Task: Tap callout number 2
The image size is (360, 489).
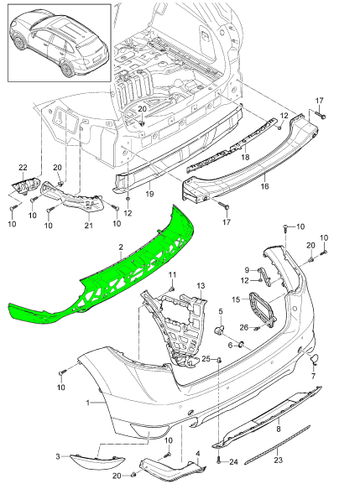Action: click(x=121, y=248)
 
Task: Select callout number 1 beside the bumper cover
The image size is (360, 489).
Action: click(x=86, y=403)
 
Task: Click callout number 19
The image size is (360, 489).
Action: click(x=149, y=195)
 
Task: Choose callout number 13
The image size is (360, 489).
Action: click(x=201, y=287)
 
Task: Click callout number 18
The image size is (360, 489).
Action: click(x=246, y=156)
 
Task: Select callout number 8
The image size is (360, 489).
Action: click(x=278, y=429)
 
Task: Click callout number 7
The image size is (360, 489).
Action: click(x=314, y=377)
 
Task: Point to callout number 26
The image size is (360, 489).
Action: click(x=243, y=327)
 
